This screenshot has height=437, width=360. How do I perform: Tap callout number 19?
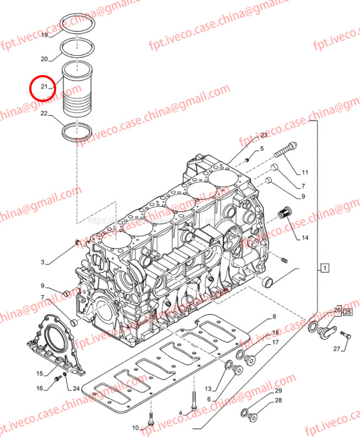tap(45, 35)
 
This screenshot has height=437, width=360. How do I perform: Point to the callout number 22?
tap(45, 114)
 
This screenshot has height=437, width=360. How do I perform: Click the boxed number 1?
tap(325, 269)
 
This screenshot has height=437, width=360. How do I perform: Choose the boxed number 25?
tap(347, 312)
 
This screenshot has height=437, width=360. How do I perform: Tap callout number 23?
tap(264, 135)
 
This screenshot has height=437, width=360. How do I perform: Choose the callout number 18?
tap(275, 332)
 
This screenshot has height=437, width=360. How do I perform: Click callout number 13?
tap(208, 390)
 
